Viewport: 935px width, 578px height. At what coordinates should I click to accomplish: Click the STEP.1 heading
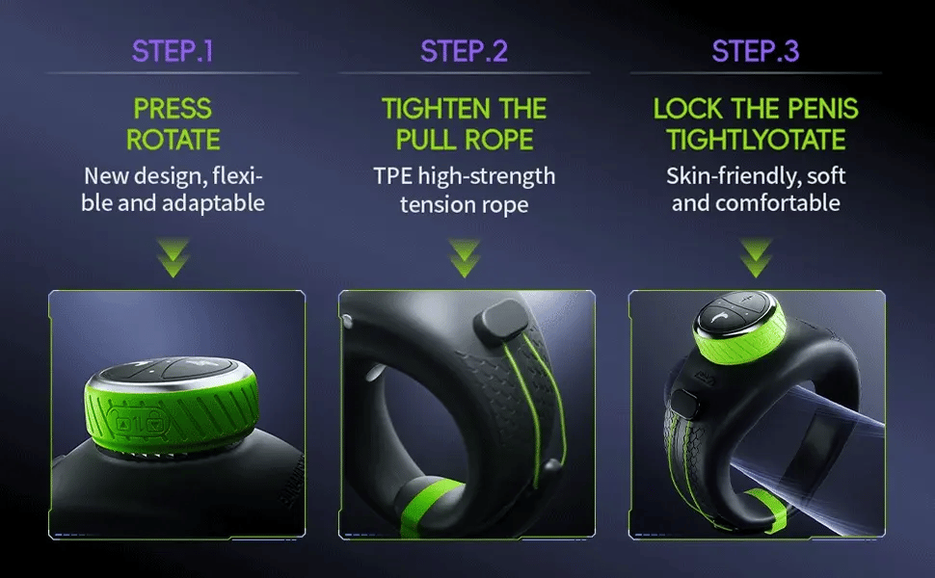pyautogui.click(x=173, y=51)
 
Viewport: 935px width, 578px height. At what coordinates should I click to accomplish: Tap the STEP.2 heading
pyautogui.click(x=464, y=51)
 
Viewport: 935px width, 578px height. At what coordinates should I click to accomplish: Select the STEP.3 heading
pyautogui.click(x=755, y=51)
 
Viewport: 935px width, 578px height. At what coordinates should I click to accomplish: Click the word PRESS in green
pyautogui.click(x=174, y=108)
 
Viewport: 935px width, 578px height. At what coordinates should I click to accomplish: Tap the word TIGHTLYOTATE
pyautogui.click(x=756, y=139)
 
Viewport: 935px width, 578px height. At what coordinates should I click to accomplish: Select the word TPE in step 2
pyautogui.click(x=393, y=176)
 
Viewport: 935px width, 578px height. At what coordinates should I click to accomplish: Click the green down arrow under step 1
pyautogui.click(x=174, y=255)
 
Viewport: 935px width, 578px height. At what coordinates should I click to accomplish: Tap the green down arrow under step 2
pyautogui.click(x=465, y=255)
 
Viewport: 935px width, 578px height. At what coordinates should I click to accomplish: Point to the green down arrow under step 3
pyautogui.click(x=756, y=255)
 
